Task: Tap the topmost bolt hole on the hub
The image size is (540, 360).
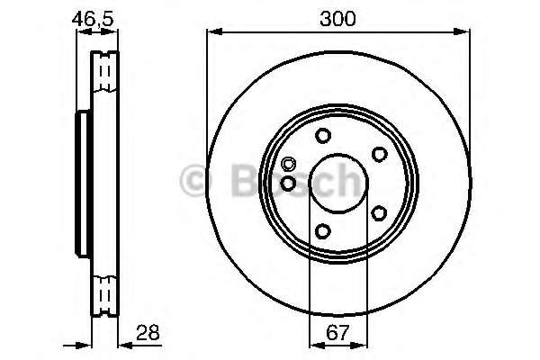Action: [x=322, y=136]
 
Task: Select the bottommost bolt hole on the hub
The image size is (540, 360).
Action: [x=322, y=231]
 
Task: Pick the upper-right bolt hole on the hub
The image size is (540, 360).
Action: [x=379, y=154]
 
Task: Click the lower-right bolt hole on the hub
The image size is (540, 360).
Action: [x=379, y=213]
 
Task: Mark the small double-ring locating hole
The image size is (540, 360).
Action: [x=288, y=165]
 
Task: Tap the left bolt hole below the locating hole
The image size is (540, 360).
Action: [x=288, y=183]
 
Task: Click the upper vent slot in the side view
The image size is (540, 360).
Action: [x=106, y=69]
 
